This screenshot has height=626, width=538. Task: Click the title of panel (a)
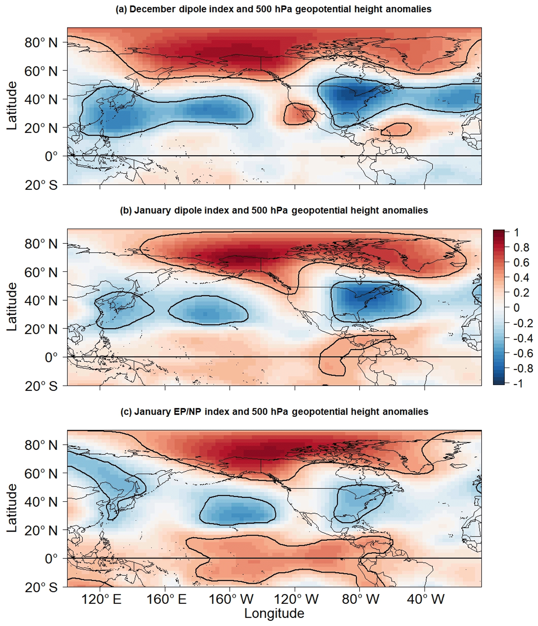pos(274,9)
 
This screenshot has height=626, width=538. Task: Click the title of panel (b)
pos(274,211)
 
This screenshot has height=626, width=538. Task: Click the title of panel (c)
pos(274,412)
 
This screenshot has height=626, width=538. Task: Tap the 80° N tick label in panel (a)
pos(41,43)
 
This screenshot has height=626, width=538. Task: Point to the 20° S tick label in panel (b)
pos(41,386)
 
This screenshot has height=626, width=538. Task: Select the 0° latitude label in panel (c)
pos(51,558)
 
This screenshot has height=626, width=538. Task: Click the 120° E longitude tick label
pos(101,599)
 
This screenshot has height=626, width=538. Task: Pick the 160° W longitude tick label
pos(231,599)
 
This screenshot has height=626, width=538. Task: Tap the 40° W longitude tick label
pos(426,599)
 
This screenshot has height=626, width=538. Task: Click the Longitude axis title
pos(274,614)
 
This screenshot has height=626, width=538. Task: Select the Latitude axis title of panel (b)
pos(12,307)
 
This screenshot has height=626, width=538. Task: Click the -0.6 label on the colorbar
pos(523,353)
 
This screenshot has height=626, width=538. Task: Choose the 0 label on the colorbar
pos(517,308)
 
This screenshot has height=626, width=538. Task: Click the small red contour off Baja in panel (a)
pos(299,114)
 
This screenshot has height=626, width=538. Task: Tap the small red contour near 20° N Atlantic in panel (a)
pos(396,129)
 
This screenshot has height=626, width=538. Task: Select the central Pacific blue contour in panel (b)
pos(208,310)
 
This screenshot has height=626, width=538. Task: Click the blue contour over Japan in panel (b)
pos(123,311)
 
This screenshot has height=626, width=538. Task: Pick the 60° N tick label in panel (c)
pos(41,474)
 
